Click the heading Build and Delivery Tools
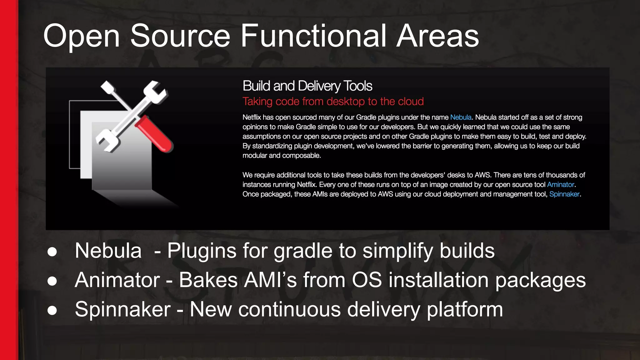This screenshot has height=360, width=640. [x=307, y=86]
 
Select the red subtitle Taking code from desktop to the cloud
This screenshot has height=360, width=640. [x=333, y=102]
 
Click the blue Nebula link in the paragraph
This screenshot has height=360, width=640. [x=461, y=117]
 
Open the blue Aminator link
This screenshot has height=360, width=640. [x=560, y=185]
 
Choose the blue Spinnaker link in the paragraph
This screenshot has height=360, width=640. [x=564, y=194]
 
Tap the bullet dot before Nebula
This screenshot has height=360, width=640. [x=52, y=252]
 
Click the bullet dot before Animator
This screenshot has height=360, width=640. [x=52, y=281]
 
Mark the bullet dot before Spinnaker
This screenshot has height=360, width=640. [x=52, y=310]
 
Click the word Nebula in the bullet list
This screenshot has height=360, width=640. [x=108, y=251]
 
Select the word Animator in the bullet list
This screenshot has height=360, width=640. [x=117, y=280]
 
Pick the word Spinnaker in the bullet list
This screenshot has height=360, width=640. [x=122, y=309]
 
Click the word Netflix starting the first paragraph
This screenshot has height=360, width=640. [x=252, y=117]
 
